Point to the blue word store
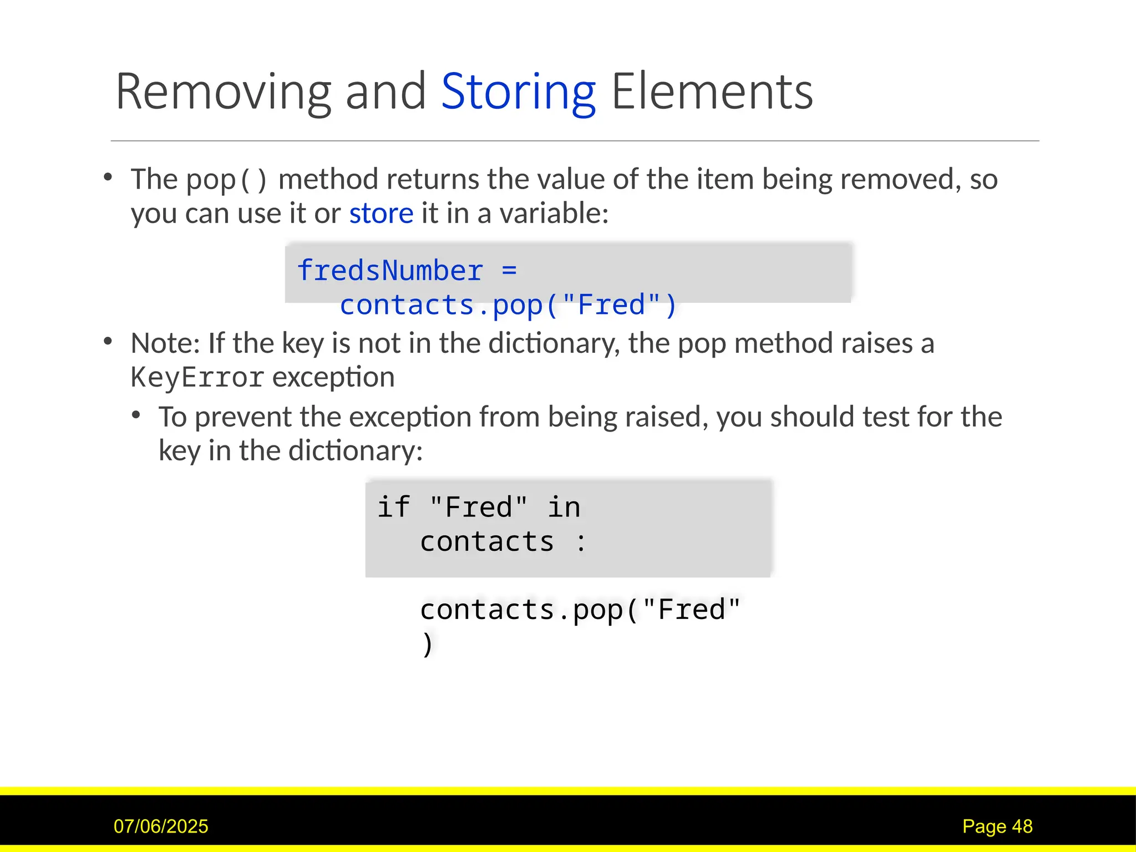pos(381,214)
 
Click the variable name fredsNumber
pos(390,271)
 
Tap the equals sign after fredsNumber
pos(509,271)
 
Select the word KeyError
pos(197,378)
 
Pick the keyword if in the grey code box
pos(394,507)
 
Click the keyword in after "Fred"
pos(564,507)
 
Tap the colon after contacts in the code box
pos(581,542)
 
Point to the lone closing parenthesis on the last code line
pos(427,644)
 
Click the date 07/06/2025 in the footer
pos(161,826)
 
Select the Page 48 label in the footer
pos(997,826)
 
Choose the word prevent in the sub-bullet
pos(242,417)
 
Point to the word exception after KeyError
pos(333,378)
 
